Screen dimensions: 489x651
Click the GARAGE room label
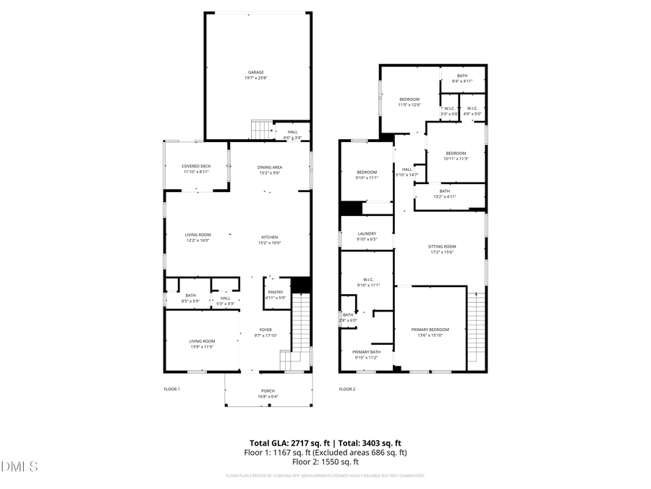255,72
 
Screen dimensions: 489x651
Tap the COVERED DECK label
195,167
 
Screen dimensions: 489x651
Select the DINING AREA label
269,167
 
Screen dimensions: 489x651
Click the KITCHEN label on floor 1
269,237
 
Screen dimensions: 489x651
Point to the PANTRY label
275,292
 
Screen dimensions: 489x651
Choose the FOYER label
265,330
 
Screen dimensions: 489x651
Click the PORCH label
267,391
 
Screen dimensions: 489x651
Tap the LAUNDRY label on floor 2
367,234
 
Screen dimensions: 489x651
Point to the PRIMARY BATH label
367,352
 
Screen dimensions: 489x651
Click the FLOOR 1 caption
171,389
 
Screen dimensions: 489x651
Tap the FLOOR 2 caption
346,389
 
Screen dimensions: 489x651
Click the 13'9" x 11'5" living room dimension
202,347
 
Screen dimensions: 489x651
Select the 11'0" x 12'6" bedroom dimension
409,105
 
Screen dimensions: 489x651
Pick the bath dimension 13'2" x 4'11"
444,196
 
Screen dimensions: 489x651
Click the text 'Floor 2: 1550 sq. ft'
325,461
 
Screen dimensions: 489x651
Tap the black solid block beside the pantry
300,285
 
